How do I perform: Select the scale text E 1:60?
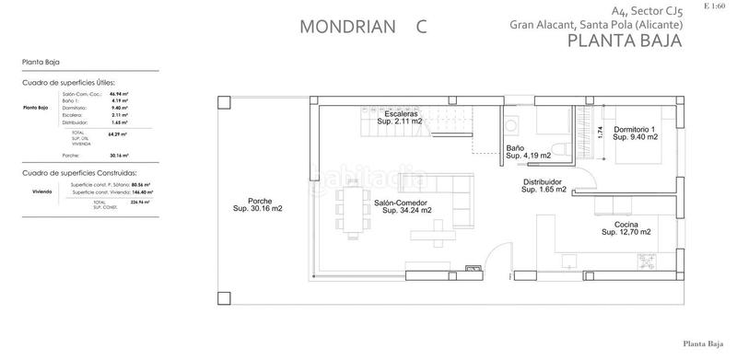714,6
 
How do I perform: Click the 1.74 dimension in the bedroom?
601,133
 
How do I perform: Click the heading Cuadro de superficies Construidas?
79,172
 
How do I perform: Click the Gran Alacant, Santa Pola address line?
596,25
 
